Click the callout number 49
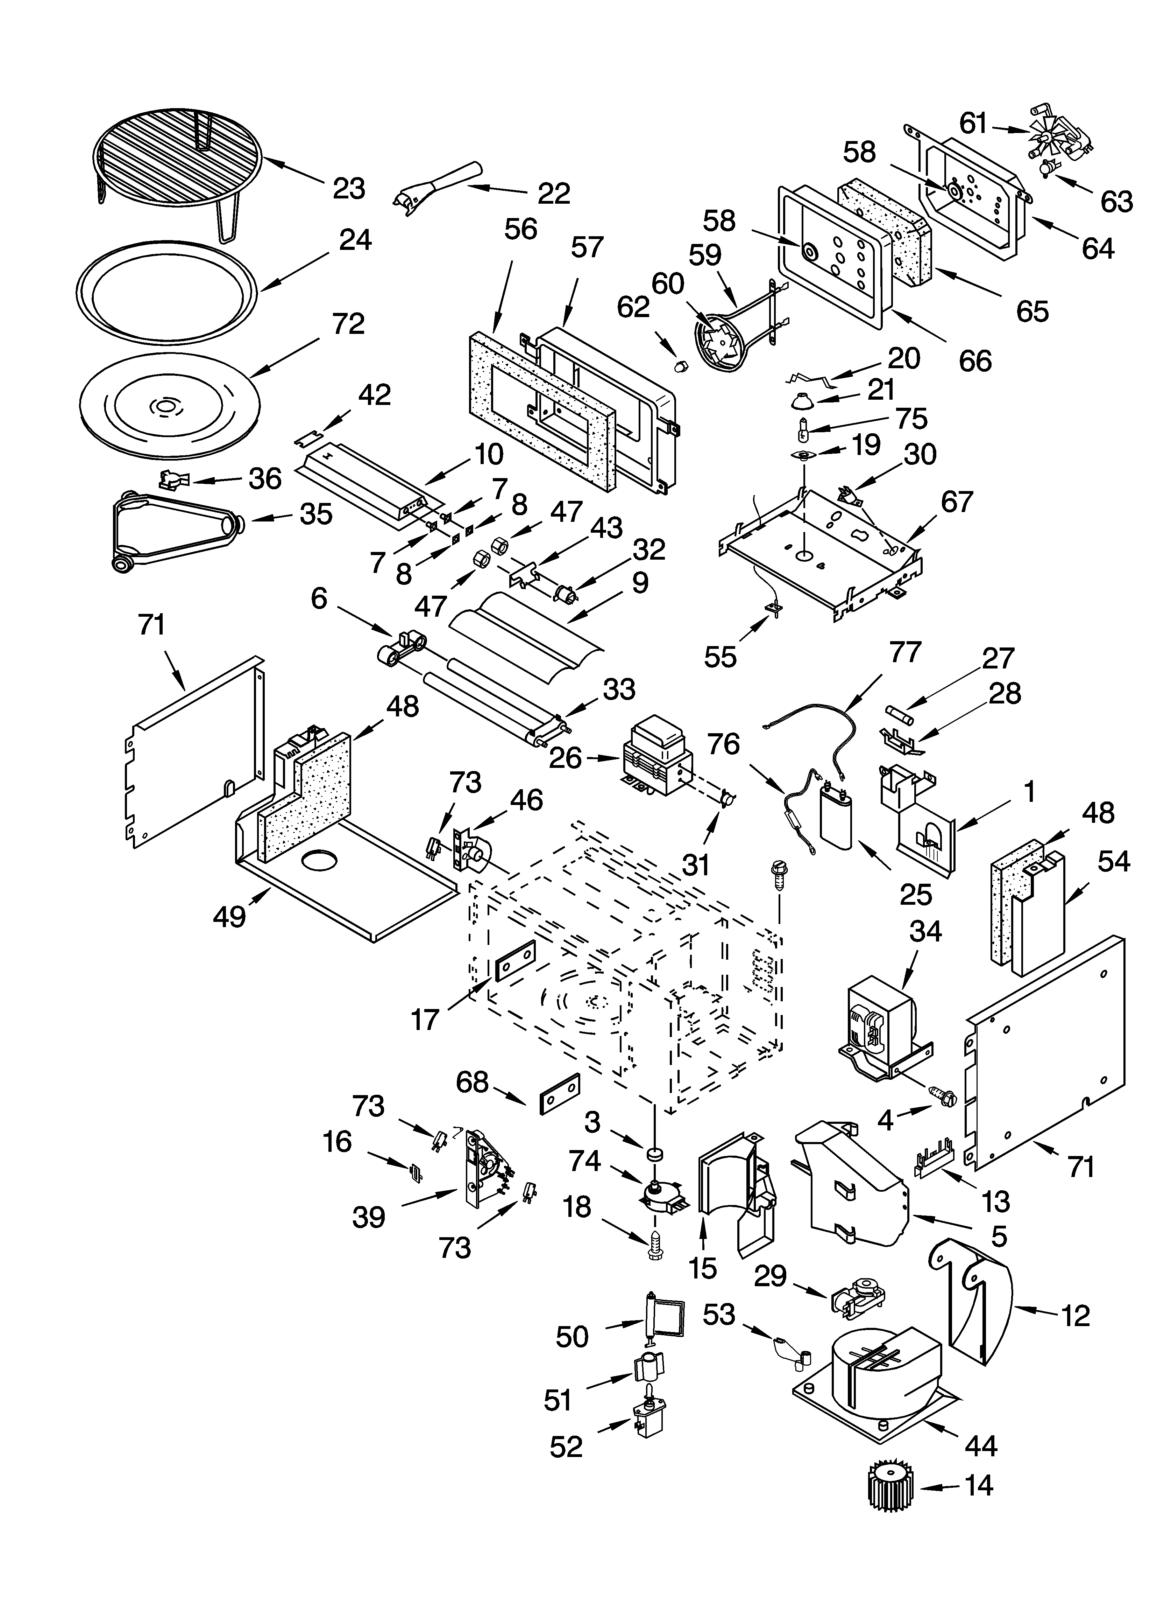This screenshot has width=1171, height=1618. [x=230, y=916]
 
